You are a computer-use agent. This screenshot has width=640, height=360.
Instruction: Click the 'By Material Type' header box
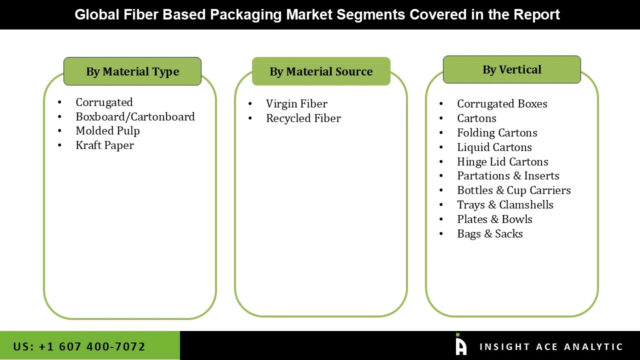coord(132,71)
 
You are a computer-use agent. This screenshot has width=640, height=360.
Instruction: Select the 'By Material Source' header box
coord(321,71)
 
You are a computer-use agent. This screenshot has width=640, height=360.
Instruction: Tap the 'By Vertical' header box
coord(511,69)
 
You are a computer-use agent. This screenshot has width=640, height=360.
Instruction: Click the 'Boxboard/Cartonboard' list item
coord(135,116)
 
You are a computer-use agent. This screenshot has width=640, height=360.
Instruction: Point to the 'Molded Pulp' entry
coord(107,130)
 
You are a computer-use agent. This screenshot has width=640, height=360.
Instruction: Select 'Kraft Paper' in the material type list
coord(104,145)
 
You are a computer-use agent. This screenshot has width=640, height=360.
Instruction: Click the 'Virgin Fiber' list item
coord(296,103)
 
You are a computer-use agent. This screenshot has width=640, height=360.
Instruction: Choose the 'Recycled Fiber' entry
coord(303,118)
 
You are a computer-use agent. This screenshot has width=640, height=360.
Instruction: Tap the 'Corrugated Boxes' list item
coord(502,103)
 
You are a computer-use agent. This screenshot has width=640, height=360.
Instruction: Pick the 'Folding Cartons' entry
coord(497,132)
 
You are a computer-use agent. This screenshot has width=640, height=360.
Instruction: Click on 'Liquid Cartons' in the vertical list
coord(494,147)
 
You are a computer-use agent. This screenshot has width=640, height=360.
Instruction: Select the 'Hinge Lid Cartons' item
coord(502,161)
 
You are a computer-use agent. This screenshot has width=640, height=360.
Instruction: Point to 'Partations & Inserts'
coord(508,175)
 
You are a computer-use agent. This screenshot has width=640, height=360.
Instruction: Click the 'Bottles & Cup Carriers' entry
coord(513,190)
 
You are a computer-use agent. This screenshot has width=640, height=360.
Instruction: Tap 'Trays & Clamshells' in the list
coord(505,204)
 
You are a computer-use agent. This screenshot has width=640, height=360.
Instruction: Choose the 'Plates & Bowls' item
coord(494,219)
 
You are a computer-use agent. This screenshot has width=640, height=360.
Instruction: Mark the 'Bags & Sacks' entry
coord(489,233)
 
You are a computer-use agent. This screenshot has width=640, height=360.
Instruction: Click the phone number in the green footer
coord(79,346)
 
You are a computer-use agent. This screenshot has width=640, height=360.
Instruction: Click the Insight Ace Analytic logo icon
coord(461,345)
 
